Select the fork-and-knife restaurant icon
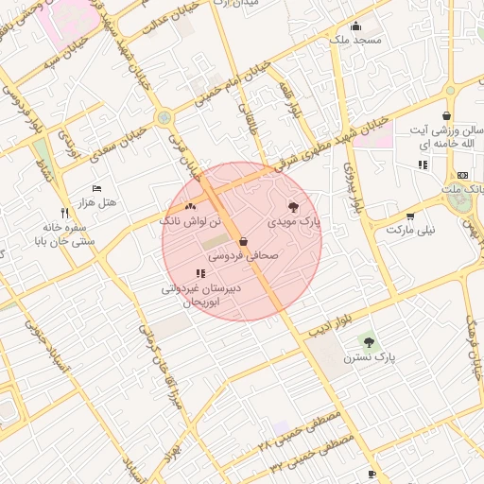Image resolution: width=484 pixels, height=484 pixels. (64, 213)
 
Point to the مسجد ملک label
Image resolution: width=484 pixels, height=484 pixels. (355, 40)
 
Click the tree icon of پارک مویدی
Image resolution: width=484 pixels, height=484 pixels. (293, 206)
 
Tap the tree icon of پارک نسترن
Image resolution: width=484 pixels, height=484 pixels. (368, 342)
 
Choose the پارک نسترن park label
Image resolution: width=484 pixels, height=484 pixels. (368, 358)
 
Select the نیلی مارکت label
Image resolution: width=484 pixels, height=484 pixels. (407, 230)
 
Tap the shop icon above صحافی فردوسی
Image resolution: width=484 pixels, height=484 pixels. (243, 241)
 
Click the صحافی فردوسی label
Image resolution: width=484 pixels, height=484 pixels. (243, 255)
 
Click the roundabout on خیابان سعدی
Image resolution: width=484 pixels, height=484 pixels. (165, 118)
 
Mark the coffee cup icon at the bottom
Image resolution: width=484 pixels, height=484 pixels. (372, 474)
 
